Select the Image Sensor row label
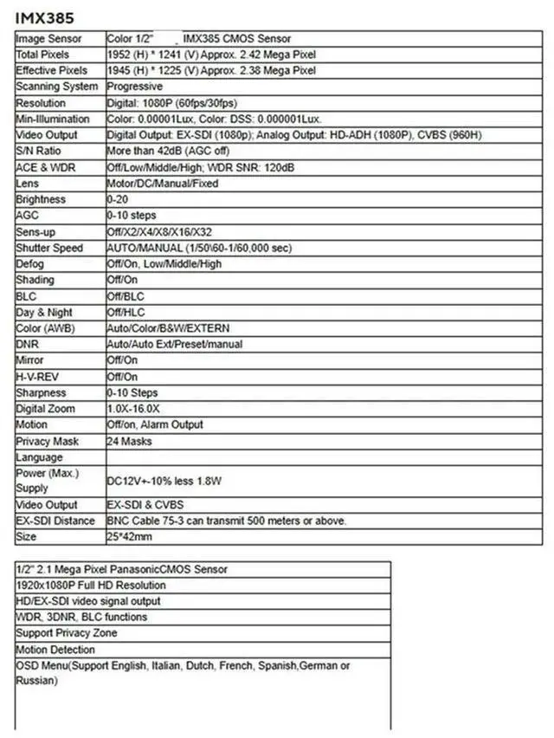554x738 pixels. pos(49,38)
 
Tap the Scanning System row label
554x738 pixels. pos(57,87)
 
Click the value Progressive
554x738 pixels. pos(134,87)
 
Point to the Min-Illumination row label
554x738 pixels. pos(53,119)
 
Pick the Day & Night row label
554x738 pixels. pos(44,312)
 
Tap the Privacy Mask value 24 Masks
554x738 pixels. pos(129,441)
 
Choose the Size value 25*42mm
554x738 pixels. pos(130,536)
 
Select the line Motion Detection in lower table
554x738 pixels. pos(55,649)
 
